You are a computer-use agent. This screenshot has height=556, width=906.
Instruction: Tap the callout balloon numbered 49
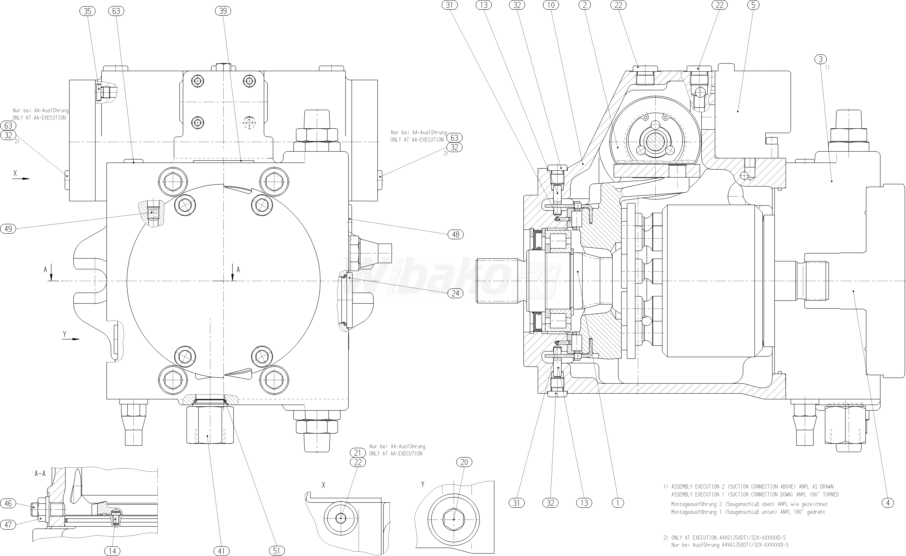click(x=8, y=229)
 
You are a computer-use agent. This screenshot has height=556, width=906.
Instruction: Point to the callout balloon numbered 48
click(x=456, y=234)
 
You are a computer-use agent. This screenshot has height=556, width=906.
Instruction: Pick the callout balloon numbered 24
click(x=456, y=293)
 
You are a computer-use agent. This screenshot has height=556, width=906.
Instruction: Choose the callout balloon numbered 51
click(x=276, y=551)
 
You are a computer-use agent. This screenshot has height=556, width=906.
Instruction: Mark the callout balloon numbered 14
click(x=112, y=551)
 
